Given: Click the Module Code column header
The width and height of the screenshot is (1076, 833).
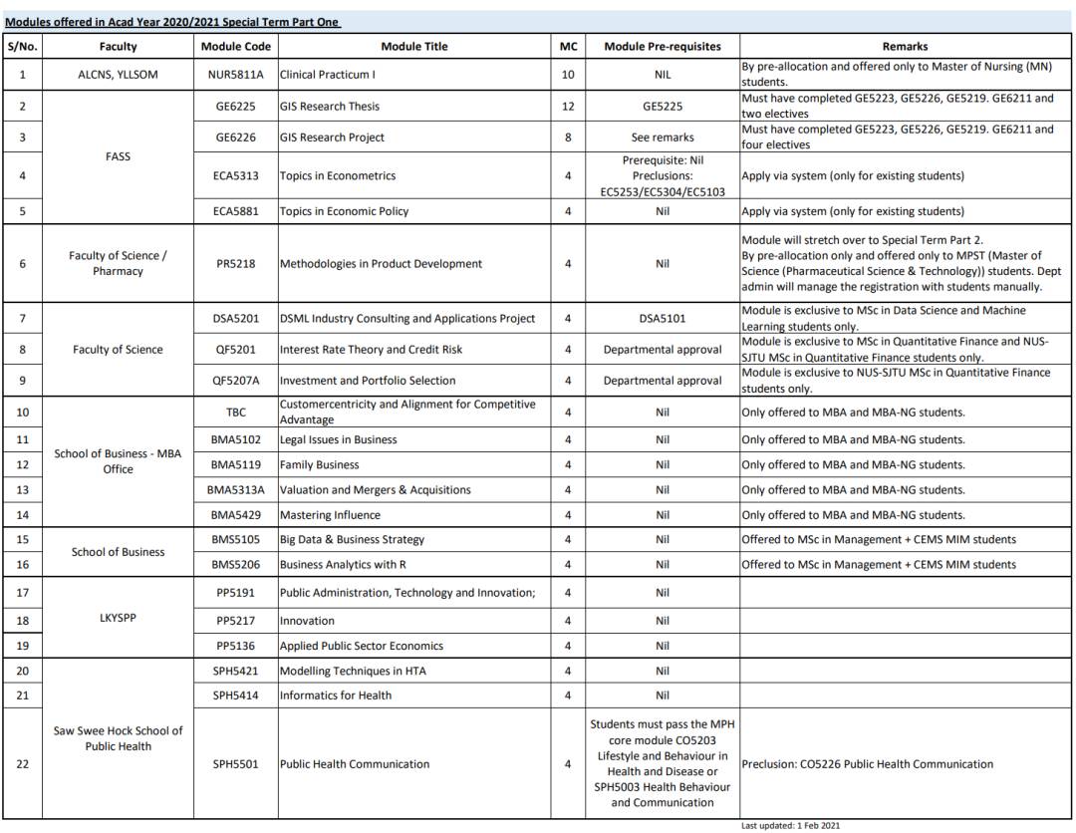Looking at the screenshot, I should point(235,46).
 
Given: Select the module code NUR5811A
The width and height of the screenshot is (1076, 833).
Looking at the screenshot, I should point(235,75).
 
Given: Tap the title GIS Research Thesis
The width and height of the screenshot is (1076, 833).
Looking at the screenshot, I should point(330,107).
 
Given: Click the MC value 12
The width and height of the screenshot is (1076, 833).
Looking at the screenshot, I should point(568,107).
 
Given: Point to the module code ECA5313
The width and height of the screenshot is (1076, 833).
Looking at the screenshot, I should point(235,176).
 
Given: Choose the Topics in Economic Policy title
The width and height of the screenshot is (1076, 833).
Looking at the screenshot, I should point(344,211).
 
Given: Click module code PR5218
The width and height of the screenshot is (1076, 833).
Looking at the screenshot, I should point(235,264).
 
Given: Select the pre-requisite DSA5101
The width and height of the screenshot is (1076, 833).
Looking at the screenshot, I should point(663,319).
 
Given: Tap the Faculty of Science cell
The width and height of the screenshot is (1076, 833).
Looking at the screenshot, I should point(118,350).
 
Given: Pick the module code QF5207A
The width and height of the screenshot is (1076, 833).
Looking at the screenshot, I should point(235,381).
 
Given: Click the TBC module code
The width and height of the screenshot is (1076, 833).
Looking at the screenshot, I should point(235,413).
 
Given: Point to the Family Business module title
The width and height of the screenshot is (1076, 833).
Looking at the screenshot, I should point(320,465).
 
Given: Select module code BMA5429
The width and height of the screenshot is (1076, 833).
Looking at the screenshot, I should point(235,515).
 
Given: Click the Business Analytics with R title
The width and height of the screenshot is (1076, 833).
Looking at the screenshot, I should point(343,565).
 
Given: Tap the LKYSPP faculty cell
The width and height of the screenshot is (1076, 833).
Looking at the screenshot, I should point(118,618).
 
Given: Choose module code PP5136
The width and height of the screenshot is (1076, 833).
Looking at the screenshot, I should point(235,646).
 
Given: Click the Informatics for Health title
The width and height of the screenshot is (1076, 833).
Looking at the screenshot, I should point(336,695).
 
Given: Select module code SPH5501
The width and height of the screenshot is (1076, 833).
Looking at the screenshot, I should point(235,764).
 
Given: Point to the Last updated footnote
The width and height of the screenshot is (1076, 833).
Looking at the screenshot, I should point(791,825).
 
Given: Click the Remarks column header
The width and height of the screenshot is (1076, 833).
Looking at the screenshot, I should point(905,46).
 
